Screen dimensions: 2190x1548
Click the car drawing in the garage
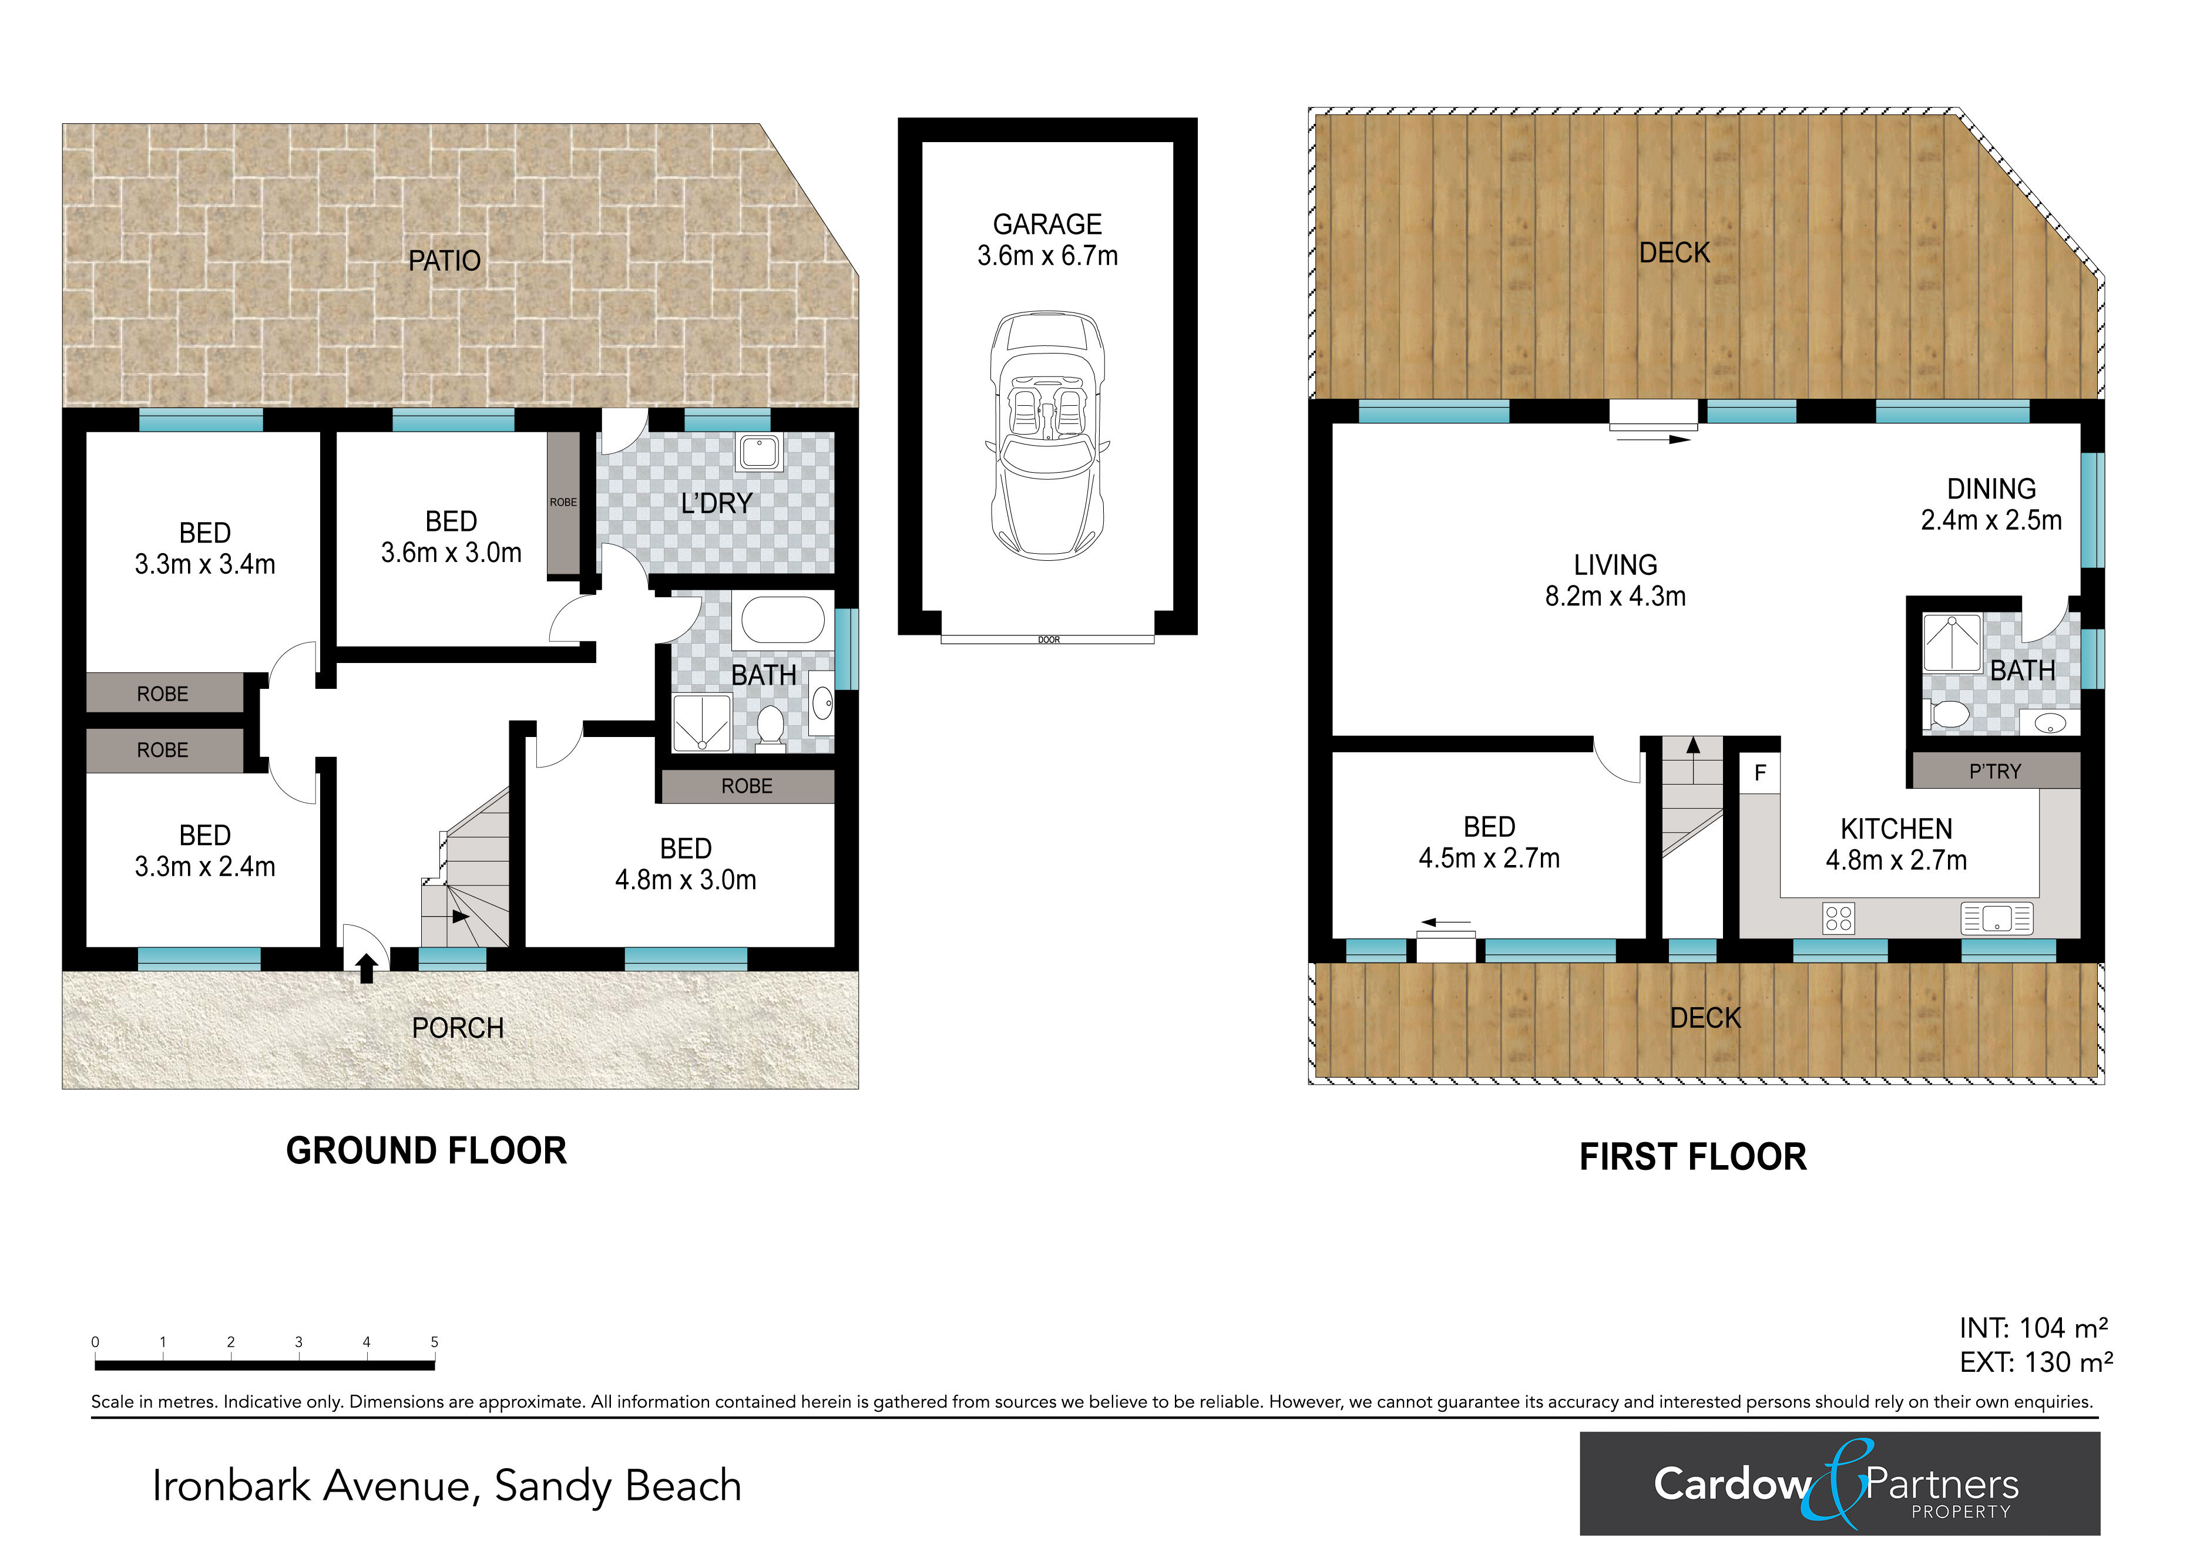tap(1047, 435)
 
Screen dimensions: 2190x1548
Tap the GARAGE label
tap(1047, 224)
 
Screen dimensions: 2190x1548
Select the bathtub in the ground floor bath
tap(783, 620)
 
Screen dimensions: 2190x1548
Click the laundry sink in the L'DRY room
tap(760, 452)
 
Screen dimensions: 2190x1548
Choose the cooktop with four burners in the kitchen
tap(1838, 918)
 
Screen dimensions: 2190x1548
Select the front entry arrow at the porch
tap(365, 969)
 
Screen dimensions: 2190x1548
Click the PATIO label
tap(445, 260)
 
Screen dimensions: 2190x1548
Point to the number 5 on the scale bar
tap(434, 1342)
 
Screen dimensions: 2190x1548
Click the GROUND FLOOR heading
tap(426, 1150)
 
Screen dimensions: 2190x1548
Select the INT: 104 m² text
tap(2034, 1328)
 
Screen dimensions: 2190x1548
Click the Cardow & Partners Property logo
tap(1840, 1483)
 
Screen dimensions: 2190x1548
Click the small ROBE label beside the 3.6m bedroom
tap(563, 503)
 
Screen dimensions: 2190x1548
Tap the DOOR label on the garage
tap(1048, 640)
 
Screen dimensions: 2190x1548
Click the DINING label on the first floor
tap(1991, 489)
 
